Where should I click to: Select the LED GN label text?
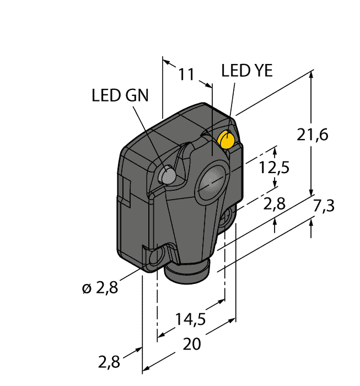click(120, 95)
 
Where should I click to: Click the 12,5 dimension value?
click(275, 167)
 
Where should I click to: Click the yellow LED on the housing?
click(226, 140)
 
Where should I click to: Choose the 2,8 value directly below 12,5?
click(274, 205)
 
